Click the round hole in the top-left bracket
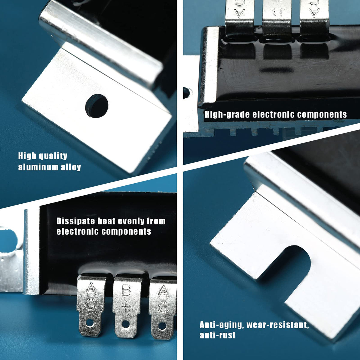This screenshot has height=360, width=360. (x=97, y=106)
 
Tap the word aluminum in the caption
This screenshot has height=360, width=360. (x=38, y=167)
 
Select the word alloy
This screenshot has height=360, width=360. (x=71, y=167)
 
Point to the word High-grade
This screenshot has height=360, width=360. (x=227, y=115)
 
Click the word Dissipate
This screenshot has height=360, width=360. (x=76, y=221)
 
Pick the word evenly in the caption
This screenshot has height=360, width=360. (x=131, y=221)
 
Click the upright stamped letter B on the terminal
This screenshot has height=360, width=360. (x=126, y=290)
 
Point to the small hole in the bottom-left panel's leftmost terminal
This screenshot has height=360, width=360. (x=89, y=322)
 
